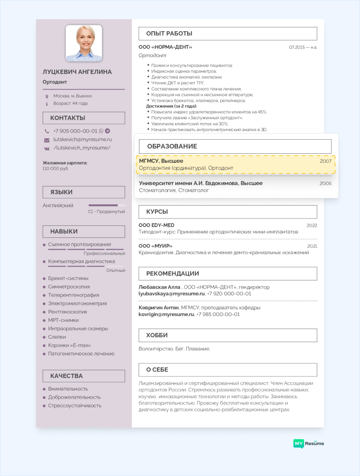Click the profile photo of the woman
click(84, 44)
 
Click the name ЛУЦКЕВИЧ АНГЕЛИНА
click(77, 72)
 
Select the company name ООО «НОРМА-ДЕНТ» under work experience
click(165, 47)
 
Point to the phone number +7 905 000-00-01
click(75, 131)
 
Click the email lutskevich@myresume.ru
click(83, 139)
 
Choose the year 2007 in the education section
click(325, 161)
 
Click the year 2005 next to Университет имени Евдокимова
click(325, 183)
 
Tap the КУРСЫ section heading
click(157, 212)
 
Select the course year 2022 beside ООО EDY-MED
click(312, 225)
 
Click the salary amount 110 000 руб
click(55, 169)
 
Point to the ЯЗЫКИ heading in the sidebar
click(61, 192)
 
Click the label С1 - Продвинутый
click(106, 211)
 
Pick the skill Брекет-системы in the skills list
click(68, 278)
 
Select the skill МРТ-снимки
click(63, 320)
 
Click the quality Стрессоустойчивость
click(74, 405)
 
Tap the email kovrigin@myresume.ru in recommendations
click(166, 314)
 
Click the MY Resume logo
click(309, 443)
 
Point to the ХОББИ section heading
click(157, 335)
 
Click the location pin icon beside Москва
click(47, 96)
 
